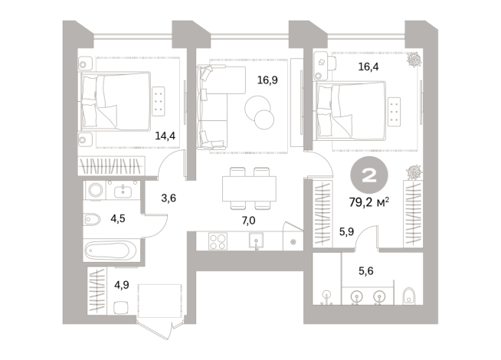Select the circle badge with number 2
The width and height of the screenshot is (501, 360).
pyautogui.click(x=368, y=177)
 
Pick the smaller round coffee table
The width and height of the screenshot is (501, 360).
pyautogui.click(x=265, y=119)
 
